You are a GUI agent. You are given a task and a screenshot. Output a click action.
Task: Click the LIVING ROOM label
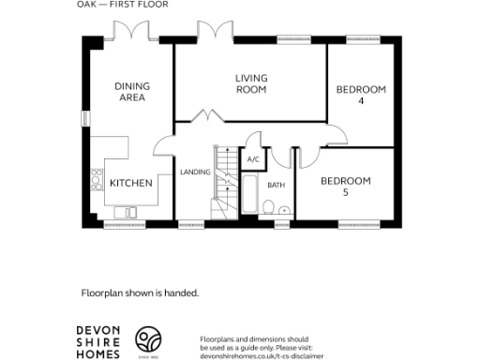pos(251,83)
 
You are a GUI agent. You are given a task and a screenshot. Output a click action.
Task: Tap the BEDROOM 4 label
pos(361,95)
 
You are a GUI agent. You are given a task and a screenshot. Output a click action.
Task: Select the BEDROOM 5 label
pos(346,186)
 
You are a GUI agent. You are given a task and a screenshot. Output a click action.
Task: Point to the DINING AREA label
pos(132,92)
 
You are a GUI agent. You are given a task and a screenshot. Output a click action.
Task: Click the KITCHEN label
pos(131,184)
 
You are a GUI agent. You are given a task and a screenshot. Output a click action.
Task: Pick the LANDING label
pos(195,172)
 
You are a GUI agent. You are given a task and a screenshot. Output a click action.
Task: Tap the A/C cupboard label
pos(252,160)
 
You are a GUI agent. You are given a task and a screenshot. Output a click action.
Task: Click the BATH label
pos(276,186)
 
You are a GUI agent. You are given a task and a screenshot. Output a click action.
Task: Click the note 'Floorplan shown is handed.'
pos(140,292)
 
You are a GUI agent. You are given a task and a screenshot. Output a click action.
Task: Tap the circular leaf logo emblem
pos(148,339)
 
